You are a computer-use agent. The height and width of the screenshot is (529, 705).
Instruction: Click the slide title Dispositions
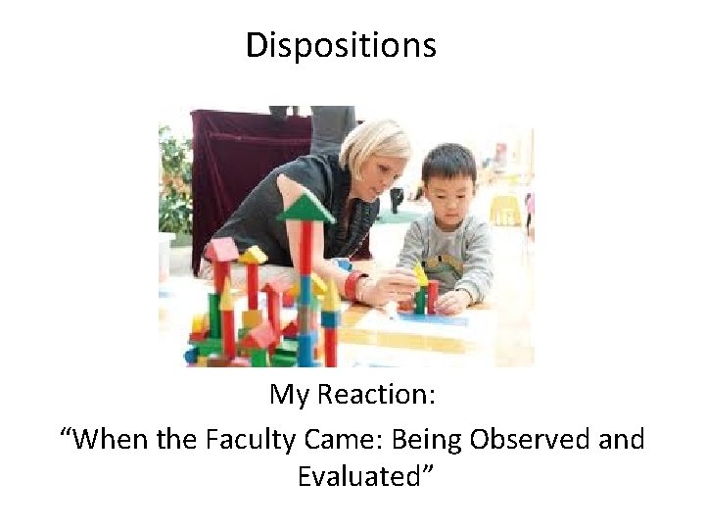pyautogui.click(x=340, y=45)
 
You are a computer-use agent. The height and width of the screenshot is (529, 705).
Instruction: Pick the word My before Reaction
pyautogui.click(x=289, y=394)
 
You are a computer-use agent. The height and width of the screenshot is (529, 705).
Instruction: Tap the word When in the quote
pyautogui.click(x=111, y=438)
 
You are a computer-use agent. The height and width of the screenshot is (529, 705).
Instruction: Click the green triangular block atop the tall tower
pyautogui.click(x=305, y=209)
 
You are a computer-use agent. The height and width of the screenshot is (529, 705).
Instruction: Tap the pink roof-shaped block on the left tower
pyautogui.click(x=221, y=249)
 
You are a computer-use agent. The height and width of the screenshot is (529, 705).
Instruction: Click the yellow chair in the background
pyautogui.click(x=504, y=209)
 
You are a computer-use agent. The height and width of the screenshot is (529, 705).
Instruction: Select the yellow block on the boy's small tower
pyautogui.click(x=419, y=275)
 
